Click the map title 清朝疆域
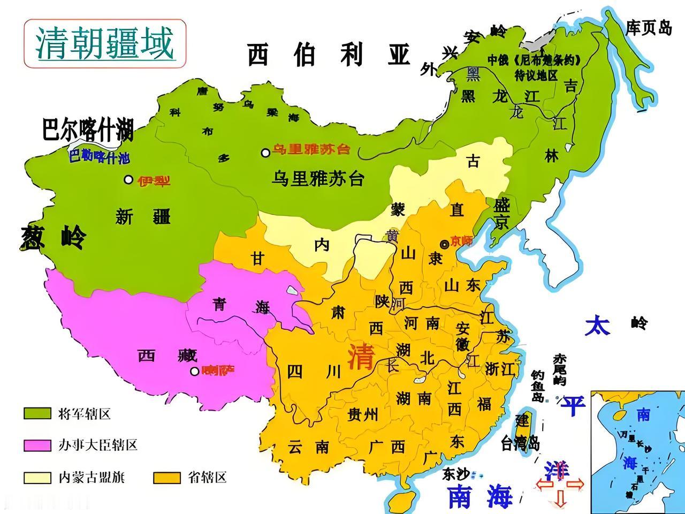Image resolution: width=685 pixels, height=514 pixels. (x=105, y=43)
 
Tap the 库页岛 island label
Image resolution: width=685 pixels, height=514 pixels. (x=649, y=28)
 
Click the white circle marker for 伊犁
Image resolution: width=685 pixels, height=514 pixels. (x=128, y=180)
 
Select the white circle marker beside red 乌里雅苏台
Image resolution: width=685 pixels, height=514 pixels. (x=265, y=153)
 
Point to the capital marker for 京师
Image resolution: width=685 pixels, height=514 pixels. (x=444, y=244)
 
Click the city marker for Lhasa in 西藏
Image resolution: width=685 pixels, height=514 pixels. (x=195, y=371)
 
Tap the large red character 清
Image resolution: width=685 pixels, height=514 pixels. (x=361, y=357)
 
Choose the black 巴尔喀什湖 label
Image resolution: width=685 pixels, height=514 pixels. (x=87, y=130)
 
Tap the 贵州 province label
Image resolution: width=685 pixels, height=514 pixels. (x=362, y=414)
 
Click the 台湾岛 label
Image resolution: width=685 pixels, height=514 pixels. (x=520, y=443)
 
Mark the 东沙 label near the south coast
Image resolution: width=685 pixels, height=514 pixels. (x=455, y=473)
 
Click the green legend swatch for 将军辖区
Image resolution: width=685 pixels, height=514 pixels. (x=37, y=413)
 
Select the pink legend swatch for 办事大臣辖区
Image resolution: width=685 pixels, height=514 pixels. (x=37, y=445)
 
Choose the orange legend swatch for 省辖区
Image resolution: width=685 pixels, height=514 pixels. (x=167, y=477)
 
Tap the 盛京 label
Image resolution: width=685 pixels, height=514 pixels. (x=501, y=214)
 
